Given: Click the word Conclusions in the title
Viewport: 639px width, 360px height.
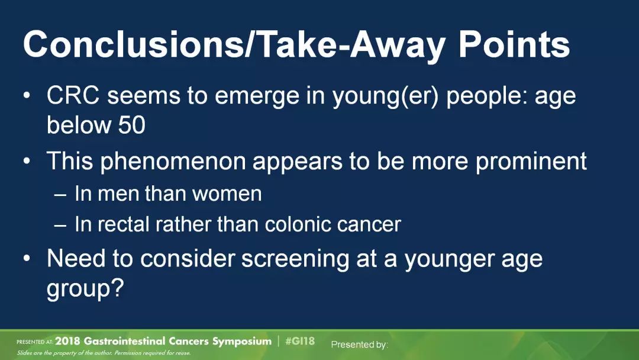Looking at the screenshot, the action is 133,44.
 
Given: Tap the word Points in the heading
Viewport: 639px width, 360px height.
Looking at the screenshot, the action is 514,44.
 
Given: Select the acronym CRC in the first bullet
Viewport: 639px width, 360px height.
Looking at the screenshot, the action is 73,96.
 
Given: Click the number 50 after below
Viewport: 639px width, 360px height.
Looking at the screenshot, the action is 131,125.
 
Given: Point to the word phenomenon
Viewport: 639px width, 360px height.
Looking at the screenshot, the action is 173,162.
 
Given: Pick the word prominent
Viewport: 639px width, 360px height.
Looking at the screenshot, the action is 531,162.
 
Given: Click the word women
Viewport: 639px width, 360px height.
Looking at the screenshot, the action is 227,194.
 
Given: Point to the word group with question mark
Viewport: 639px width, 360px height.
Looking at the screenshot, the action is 85,289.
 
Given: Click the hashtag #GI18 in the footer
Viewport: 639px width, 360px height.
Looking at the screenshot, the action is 300,341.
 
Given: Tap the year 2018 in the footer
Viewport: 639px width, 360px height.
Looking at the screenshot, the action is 68,341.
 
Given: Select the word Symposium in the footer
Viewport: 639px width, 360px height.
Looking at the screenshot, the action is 241,342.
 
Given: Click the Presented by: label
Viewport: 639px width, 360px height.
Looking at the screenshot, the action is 360,345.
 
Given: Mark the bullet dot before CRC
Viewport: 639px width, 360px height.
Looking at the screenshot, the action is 27,97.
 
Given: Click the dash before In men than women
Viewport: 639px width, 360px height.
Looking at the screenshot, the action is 60,194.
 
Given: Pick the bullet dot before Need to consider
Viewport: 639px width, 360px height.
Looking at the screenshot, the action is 27,259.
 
